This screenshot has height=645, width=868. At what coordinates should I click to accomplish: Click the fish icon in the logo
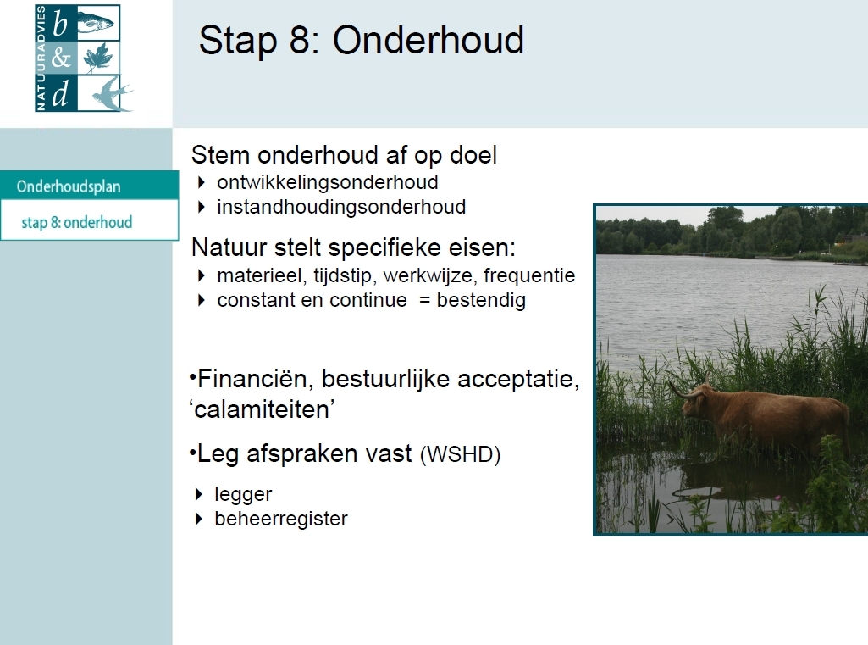[x=95, y=23]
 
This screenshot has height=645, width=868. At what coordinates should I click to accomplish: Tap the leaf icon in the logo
[x=98, y=57]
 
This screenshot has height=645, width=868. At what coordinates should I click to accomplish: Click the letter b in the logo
[x=60, y=24]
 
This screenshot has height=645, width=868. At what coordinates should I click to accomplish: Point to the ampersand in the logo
[x=61, y=57]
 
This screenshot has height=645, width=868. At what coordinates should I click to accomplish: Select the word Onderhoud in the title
[x=428, y=40]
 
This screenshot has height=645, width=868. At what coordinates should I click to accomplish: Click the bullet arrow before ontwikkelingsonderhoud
[x=201, y=181]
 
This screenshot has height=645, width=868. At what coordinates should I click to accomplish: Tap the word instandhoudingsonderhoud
[x=341, y=207]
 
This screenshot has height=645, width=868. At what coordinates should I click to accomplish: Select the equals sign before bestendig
[x=424, y=300]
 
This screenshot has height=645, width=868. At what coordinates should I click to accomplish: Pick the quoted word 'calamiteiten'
[x=262, y=409]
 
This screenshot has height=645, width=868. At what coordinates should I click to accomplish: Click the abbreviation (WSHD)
[x=460, y=454]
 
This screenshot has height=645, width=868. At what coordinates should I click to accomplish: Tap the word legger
[x=243, y=494]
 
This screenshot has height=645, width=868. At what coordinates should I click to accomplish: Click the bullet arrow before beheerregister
[x=199, y=519]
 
